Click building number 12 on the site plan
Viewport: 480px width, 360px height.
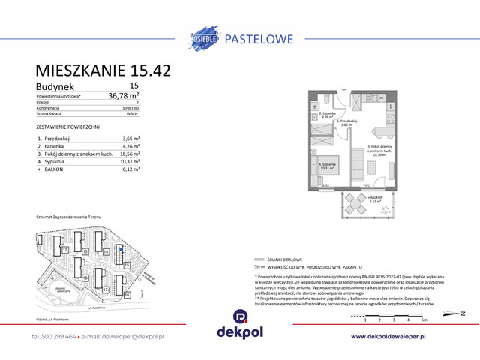pyautogui.click(x=66, y=249)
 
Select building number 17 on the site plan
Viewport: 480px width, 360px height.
pyautogui.click(x=106, y=289)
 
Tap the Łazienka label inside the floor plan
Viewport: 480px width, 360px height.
pyautogui.click(x=324, y=113)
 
